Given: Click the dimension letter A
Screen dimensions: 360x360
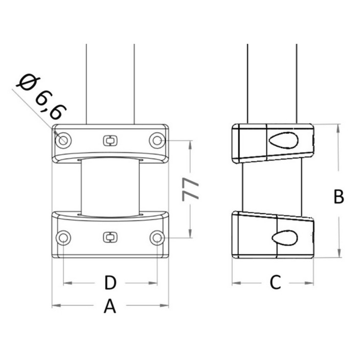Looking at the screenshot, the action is (x=110, y=306).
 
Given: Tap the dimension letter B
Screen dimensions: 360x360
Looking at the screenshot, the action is (x=339, y=196).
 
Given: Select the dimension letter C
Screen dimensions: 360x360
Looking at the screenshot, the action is (x=275, y=282).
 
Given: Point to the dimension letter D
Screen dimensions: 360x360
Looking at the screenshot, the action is (x=110, y=283).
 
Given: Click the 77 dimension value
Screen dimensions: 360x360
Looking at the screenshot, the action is (x=190, y=189).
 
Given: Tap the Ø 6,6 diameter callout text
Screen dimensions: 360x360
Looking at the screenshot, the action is (x=41, y=97).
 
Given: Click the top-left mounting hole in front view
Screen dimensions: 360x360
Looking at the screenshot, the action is (x=63, y=140).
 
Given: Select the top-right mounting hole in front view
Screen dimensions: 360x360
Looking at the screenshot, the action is (x=157, y=140).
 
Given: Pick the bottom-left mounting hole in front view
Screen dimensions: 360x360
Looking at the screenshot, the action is (x=63, y=238).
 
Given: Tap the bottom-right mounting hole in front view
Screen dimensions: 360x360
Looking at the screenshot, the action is (x=157, y=238).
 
